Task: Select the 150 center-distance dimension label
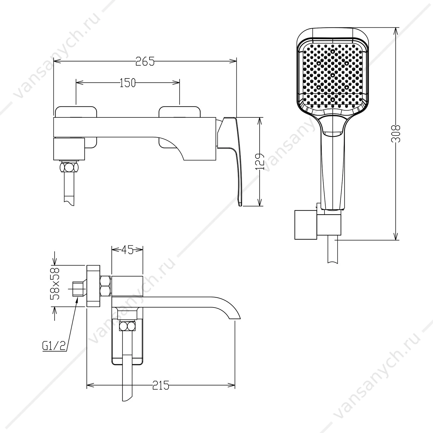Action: tap(128, 83)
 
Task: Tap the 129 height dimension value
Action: tap(261, 161)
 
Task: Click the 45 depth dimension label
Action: tap(127, 250)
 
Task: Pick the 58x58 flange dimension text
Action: tap(55, 283)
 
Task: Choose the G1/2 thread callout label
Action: tap(54, 346)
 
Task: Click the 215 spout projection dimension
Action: tap(161, 385)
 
